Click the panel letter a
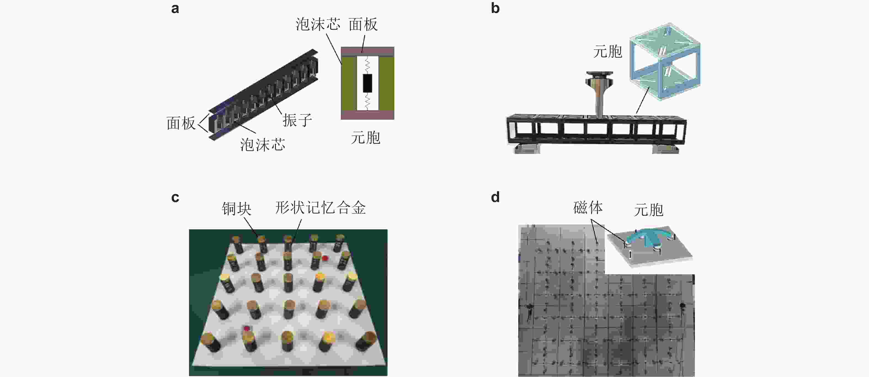point(175,9)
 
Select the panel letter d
point(495,197)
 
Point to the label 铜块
point(236,209)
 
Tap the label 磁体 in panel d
point(588,208)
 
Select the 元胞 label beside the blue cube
point(607,52)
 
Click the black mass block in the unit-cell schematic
point(367,83)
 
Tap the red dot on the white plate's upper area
point(325,258)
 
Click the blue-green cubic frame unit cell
point(665,62)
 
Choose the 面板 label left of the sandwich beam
point(181,124)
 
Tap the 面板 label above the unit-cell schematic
point(363,25)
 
